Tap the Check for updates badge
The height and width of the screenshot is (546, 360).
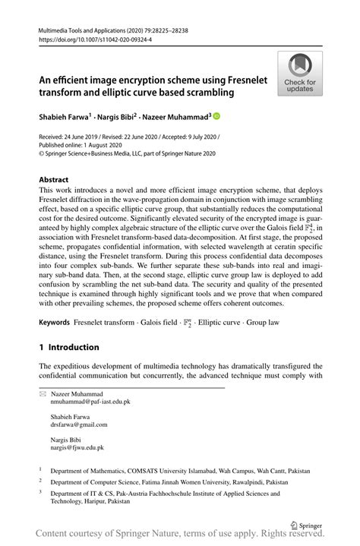click(x=299, y=74)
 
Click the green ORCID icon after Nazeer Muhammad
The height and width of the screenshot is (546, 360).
click(x=216, y=117)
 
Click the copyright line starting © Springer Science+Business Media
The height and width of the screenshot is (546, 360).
click(x=127, y=154)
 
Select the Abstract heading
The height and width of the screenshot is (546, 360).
click(x=58, y=181)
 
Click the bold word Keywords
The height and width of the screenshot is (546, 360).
click(x=55, y=323)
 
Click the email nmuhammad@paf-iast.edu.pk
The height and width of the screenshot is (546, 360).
click(x=90, y=402)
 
